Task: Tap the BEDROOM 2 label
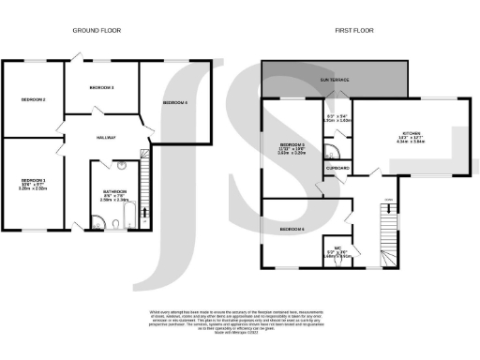click(x=32, y=99)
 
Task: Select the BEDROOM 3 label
click(x=101, y=87)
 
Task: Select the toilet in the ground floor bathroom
click(x=113, y=223)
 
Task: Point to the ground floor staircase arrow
click(x=144, y=169)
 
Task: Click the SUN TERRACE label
click(x=337, y=81)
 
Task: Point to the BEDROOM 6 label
click(x=292, y=229)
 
